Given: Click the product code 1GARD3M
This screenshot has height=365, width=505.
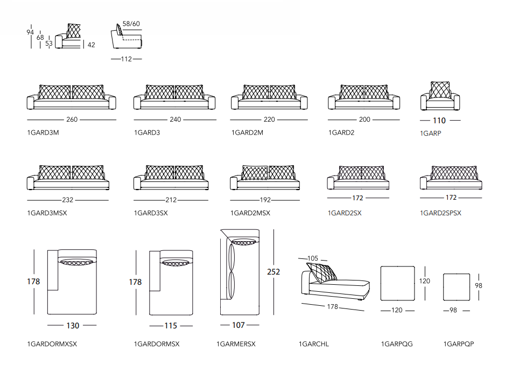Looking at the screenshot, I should coord(43,132).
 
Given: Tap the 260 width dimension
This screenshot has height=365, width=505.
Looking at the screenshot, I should coord(72,120).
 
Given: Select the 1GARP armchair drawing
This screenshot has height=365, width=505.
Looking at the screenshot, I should coord(440,96).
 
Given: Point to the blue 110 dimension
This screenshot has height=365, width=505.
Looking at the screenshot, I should coord(439,121).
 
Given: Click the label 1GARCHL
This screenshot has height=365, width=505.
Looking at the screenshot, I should coord(314,344).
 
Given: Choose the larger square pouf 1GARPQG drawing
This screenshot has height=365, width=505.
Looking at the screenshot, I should coord(399,283).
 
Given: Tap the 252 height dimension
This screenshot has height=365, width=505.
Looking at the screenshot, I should coord(273,272).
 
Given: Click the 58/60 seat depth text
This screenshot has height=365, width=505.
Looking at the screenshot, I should coord(131,24).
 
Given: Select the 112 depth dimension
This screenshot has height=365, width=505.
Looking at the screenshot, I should coord(126,59).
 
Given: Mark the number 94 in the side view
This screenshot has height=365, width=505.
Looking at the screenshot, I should coord(30,32).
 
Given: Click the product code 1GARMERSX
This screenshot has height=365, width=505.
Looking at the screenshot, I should coord(236,344).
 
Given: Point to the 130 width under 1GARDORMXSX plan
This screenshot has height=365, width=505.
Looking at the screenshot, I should coord(72,325).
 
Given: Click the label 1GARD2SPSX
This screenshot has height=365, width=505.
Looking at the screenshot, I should coord(440,213).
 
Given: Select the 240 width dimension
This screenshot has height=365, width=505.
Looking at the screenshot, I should coord(176,120).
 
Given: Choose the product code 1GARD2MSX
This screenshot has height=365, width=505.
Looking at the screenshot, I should coord(250,213).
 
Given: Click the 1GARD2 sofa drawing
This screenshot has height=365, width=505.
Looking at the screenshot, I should coord(364,97).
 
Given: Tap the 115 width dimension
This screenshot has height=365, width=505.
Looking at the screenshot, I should coord(171,325).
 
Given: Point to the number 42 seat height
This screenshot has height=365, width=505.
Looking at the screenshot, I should coord(91,45).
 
